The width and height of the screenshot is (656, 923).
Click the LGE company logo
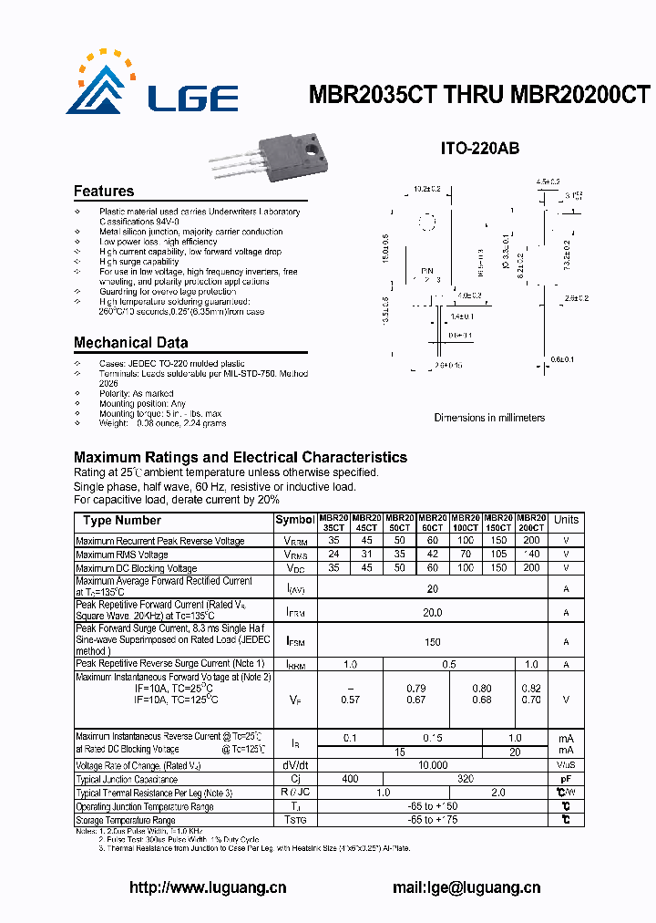[151, 88]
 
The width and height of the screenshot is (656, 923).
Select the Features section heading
[104, 192]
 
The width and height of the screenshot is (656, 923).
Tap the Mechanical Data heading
[131, 343]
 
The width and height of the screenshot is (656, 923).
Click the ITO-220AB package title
[480, 149]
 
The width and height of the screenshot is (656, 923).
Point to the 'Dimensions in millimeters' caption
[489, 418]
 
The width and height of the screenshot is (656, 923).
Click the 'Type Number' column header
[122, 521]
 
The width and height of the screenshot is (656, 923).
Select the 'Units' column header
[566, 520]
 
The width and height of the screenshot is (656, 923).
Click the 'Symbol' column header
[294, 521]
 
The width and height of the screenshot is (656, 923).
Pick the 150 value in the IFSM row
[433, 642]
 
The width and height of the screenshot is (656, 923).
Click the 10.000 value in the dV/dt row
[433, 765]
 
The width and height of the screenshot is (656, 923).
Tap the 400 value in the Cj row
[349, 780]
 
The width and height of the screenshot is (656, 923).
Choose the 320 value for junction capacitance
[465, 780]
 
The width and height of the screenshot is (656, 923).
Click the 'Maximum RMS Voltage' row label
[122, 555]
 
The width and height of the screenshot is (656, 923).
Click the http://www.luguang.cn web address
[209, 887]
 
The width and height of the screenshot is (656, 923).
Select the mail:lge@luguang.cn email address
[466, 887]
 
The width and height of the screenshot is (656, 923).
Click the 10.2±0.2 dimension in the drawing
[426, 189]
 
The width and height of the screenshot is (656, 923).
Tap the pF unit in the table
[566, 780]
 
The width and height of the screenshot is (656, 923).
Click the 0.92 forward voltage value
[531, 688]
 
